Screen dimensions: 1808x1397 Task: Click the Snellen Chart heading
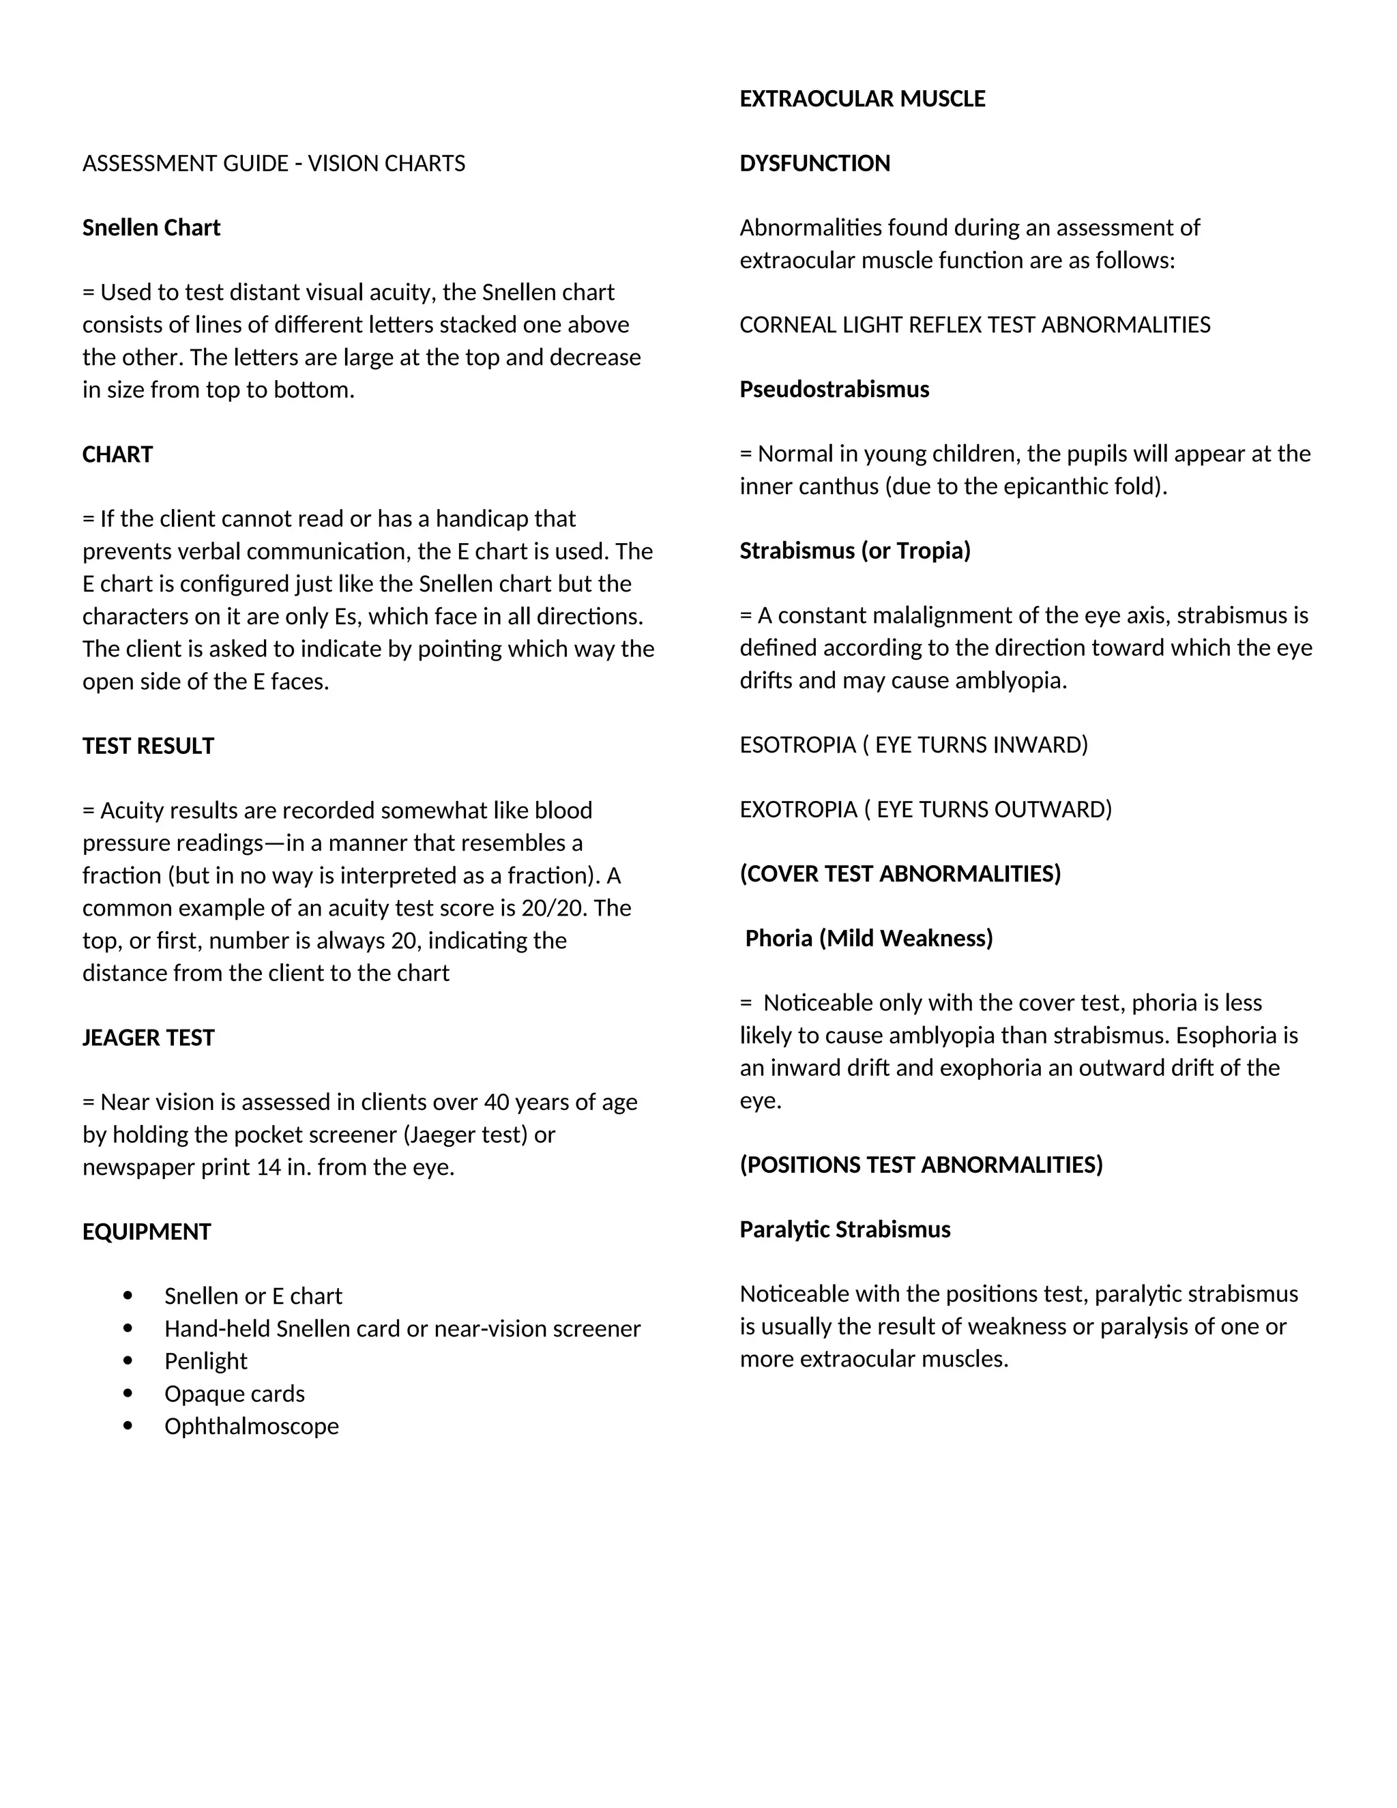[x=151, y=228]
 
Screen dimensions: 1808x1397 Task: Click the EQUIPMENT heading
[x=147, y=1231]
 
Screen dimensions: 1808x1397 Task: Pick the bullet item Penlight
[x=205, y=1361]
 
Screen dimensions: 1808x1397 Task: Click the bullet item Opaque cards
[x=234, y=1393]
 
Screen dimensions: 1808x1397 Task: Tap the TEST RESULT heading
[x=148, y=746]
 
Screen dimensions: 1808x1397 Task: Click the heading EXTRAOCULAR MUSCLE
[x=862, y=98]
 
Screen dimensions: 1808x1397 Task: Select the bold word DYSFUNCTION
[x=814, y=163]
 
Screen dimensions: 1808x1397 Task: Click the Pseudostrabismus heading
[x=834, y=389]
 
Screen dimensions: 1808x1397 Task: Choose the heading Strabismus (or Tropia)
[x=855, y=551]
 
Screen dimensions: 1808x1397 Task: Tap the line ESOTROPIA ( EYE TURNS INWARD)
[x=913, y=745]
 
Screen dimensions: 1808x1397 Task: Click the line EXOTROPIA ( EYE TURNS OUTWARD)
[x=925, y=810]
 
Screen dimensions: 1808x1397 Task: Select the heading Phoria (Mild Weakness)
[x=868, y=938]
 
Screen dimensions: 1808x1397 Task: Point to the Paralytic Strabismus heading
[x=845, y=1229]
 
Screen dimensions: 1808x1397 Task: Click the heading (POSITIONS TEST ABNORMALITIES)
[x=921, y=1165]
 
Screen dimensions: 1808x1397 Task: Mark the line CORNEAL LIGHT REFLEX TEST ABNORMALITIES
[x=974, y=325]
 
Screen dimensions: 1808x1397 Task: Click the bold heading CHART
[x=117, y=454]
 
